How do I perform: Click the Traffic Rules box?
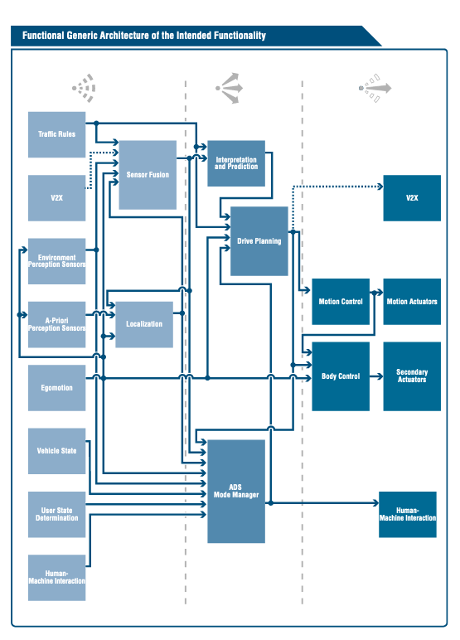click(x=56, y=134)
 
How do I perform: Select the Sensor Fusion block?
click(x=148, y=175)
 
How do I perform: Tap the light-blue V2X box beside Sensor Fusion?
click(x=56, y=198)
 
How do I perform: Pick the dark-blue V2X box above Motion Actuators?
click(x=412, y=198)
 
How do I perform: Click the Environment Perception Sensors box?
click(x=56, y=261)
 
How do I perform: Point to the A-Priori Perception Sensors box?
click(x=56, y=324)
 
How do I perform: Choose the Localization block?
click(x=144, y=324)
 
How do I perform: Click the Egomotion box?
click(x=56, y=388)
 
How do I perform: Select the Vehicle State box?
click(x=56, y=451)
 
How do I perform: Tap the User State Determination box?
click(x=56, y=514)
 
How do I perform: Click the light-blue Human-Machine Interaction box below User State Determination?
click(x=56, y=578)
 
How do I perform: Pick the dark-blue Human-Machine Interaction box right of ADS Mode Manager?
click(x=408, y=514)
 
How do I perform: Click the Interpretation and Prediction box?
click(x=236, y=163)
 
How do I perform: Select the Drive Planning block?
click(x=259, y=241)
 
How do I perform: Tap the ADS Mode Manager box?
click(x=236, y=492)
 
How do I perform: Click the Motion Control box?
click(x=341, y=302)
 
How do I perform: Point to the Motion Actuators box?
click(x=412, y=302)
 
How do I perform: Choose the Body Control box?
click(x=341, y=376)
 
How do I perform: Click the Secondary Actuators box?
click(x=412, y=376)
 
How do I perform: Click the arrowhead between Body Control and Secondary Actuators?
click(x=380, y=376)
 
